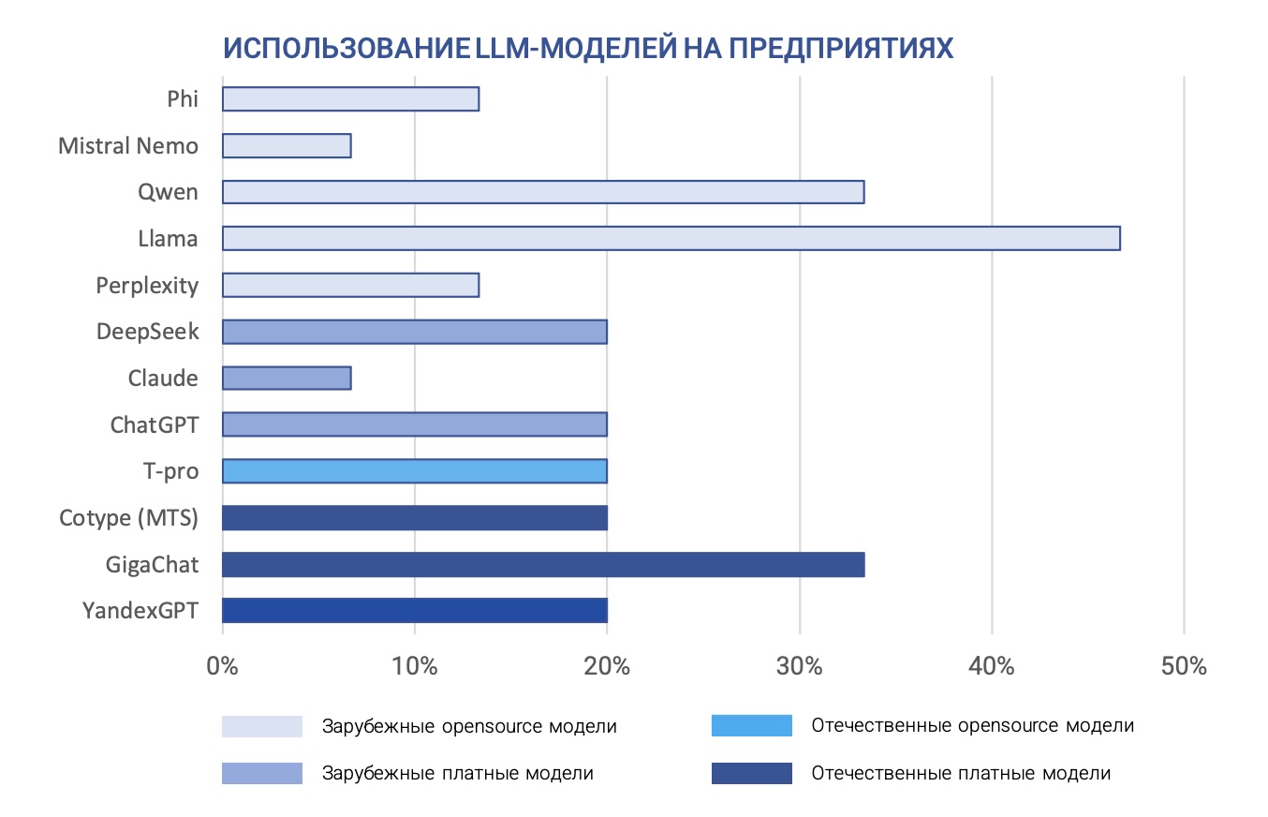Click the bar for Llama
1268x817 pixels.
tap(671, 238)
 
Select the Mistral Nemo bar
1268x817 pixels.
tap(287, 145)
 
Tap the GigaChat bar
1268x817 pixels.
tap(543, 564)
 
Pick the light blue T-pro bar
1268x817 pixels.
tap(415, 470)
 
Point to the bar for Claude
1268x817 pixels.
tap(287, 378)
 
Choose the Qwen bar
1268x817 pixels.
tap(543, 192)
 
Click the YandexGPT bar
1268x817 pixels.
tap(415, 610)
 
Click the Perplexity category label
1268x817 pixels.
tap(147, 285)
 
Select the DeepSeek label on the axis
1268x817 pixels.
tap(147, 332)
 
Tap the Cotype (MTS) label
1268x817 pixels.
tap(129, 517)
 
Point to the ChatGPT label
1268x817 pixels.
tap(155, 424)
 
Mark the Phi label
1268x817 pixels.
tap(183, 98)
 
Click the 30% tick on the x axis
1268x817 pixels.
tap(800, 667)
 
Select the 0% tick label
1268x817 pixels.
tap(222, 667)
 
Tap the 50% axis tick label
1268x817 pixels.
tap(1184, 667)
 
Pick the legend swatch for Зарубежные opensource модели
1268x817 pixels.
tap(262, 726)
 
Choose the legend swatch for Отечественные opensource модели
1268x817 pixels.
tap(751, 726)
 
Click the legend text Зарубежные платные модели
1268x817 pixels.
tap(457, 774)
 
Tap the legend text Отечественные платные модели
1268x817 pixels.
tap(961, 774)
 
